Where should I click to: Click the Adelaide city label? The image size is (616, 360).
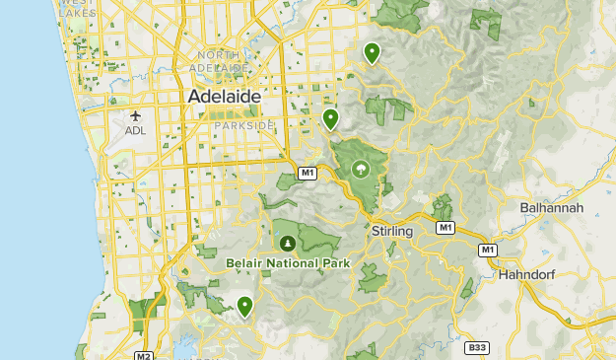coord(225,97)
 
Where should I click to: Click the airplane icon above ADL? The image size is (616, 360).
coord(136,116)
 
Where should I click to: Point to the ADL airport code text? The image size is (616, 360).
coord(136,131)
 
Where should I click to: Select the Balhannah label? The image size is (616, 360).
coord(552,208)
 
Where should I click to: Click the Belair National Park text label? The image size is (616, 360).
coord(288,262)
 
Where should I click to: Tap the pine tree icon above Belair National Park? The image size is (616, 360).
coord(288,243)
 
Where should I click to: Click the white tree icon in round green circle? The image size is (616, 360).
coord(360,170)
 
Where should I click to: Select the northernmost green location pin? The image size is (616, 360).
coord(372,52)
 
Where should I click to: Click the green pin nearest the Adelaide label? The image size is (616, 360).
coord(331,118)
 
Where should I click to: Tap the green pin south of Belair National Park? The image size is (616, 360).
coord(244,307)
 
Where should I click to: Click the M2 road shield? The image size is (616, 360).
coord(144,356)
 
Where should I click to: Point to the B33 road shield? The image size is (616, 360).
coord(477,347)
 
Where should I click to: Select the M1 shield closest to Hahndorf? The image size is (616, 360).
coord(487,251)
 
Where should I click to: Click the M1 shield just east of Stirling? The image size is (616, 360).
coord(445,228)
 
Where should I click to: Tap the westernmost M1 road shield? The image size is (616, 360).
coord(308,174)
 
